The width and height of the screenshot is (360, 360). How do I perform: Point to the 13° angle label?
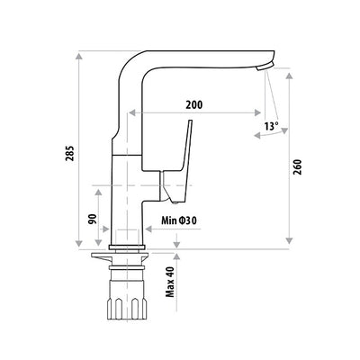click(273, 127)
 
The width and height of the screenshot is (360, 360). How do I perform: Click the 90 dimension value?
click(93, 218)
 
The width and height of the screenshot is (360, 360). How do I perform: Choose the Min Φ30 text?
click(181, 218)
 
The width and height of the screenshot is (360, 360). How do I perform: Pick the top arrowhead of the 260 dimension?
click(288, 76)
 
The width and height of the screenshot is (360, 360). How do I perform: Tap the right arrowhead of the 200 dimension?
click(262, 114)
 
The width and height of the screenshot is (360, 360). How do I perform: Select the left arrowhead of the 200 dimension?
click(132, 114)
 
